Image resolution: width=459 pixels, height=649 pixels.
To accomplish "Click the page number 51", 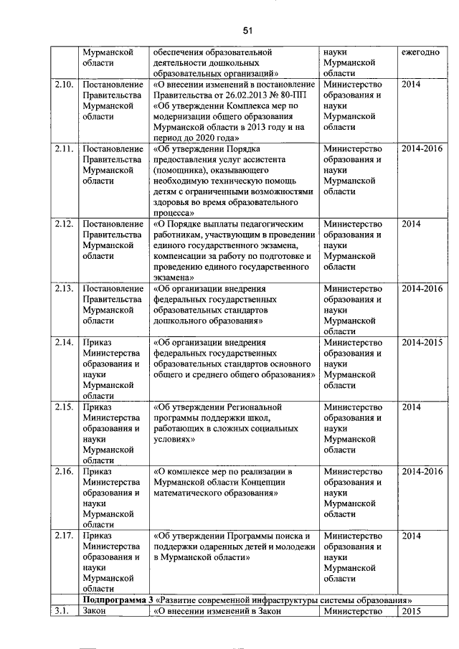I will tap(248, 31).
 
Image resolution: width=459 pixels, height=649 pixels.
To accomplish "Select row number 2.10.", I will tap(64, 85).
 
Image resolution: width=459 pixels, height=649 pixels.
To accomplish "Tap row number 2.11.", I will tap(64, 148).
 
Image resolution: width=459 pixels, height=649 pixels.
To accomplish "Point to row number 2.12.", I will tap(64, 224).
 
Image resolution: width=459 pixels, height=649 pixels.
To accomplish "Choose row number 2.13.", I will tap(64, 288).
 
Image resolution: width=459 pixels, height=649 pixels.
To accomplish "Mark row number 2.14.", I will tap(64, 342).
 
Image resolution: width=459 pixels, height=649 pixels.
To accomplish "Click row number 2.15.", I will tap(64, 407).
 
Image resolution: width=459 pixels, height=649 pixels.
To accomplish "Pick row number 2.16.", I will tap(64, 471).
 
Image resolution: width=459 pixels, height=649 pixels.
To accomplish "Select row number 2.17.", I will tap(64, 536).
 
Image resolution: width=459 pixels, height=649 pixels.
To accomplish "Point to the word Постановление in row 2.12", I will tap(113, 224).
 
